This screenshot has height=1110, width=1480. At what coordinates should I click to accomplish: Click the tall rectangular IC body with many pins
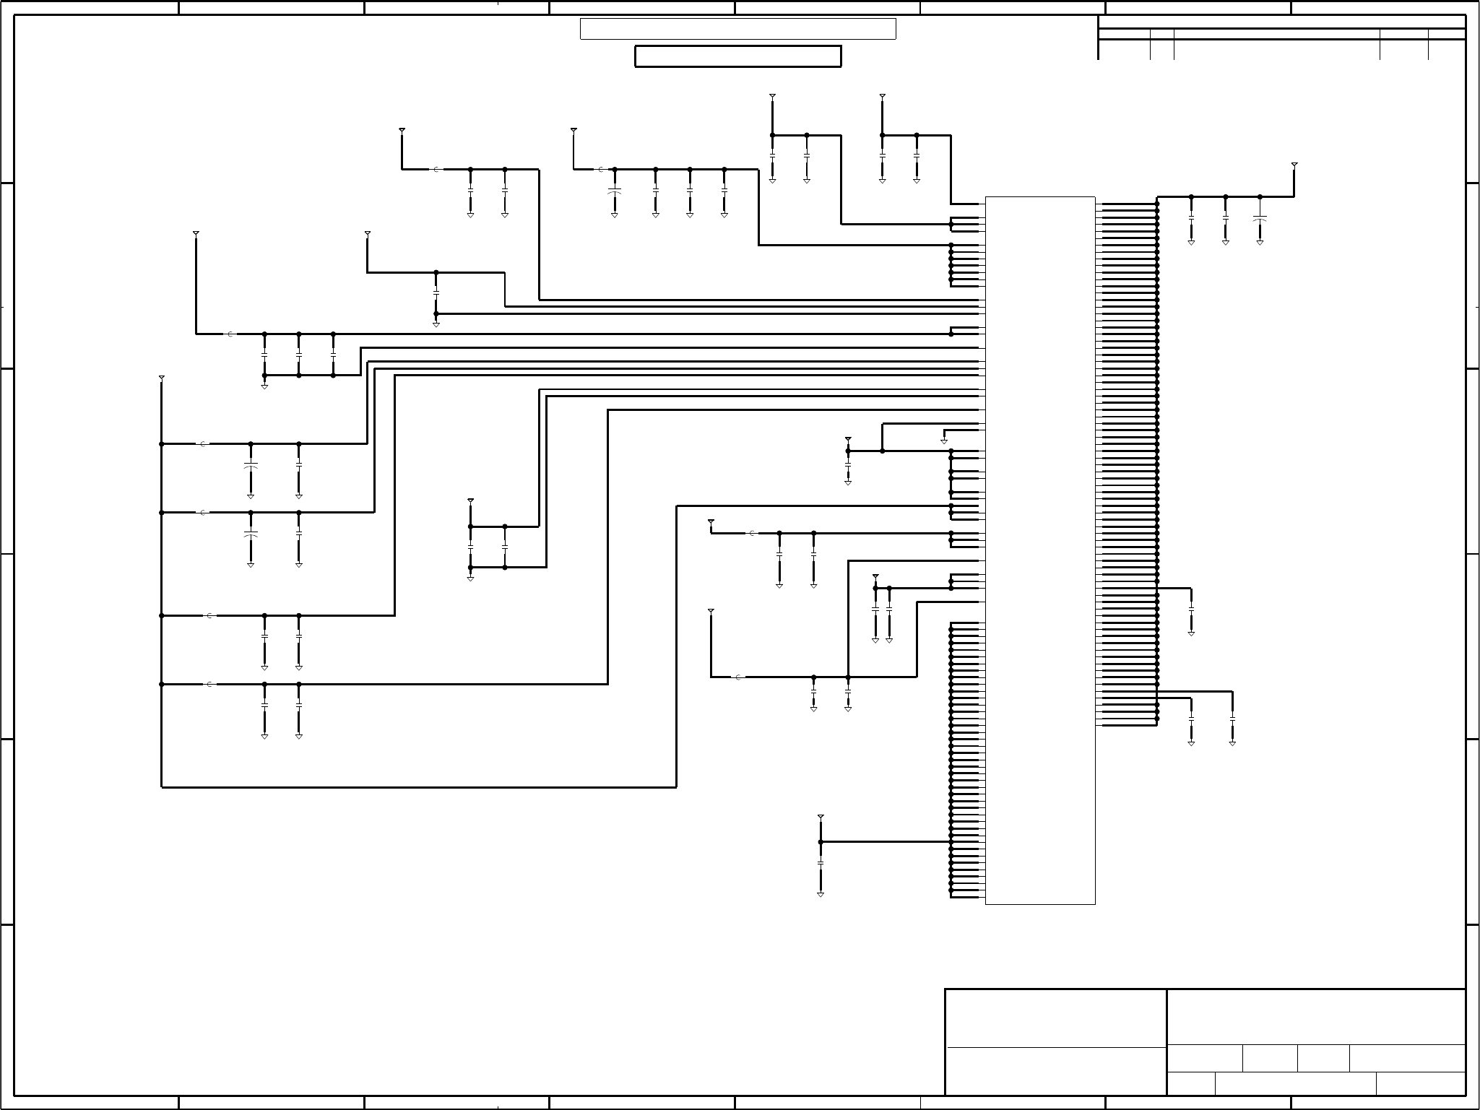(x=1040, y=549)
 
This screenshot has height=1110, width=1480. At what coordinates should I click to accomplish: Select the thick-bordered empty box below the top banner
(x=737, y=56)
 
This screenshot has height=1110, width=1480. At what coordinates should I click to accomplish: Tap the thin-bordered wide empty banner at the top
(x=737, y=29)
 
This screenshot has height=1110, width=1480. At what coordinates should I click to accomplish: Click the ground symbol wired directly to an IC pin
(x=943, y=441)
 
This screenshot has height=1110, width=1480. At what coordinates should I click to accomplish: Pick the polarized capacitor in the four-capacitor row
(x=615, y=192)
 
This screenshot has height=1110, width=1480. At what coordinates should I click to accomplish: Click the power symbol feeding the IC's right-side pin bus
(x=1294, y=165)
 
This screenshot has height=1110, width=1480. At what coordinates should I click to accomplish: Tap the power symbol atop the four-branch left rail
(x=161, y=378)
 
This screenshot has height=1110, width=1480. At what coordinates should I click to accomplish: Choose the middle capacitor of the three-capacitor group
(x=299, y=355)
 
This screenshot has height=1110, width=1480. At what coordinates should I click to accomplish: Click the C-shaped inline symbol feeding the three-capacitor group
(x=230, y=334)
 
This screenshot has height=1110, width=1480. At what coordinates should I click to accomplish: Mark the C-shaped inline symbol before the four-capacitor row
(x=600, y=170)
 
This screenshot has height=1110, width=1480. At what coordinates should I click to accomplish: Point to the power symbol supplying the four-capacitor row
(x=574, y=131)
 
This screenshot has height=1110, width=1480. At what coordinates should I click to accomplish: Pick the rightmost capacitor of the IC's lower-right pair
(x=1232, y=719)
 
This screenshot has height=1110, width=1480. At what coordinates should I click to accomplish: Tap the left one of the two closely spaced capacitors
(x=875, y=610)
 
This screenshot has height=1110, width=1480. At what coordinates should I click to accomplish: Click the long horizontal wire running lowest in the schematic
(x=419, y=786)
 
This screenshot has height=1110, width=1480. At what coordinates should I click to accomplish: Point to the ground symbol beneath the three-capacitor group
(x=264, y=387)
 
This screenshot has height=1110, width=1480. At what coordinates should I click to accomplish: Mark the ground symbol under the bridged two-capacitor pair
(x=470, y=578)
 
